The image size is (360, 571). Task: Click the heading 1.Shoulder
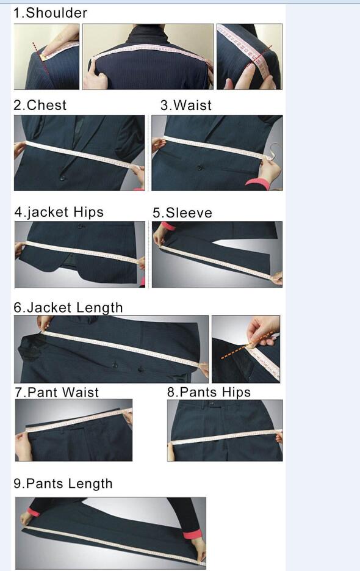[x=50, y=13]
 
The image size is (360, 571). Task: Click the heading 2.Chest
[x=40, y=105]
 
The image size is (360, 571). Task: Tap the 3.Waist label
[x=186, y=105]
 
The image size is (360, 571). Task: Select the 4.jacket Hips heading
[x=59, y=213]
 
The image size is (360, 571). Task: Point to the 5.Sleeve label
[x=182, y=213]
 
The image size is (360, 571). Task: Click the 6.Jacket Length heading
[x=68, y=308]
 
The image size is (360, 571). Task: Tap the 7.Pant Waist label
[x=57, y=393]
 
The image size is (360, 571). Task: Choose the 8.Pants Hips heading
[x=209, y=392]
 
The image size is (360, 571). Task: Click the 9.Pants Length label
[x=63, y=484]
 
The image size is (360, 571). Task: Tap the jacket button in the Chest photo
[x=63, y=178]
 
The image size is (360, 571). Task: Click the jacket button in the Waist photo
[x=200, y=168]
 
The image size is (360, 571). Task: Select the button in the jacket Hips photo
[x=80, y=226]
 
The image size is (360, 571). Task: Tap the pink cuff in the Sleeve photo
[x=167, y=226]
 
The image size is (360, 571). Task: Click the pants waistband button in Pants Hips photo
[x=212, y=403]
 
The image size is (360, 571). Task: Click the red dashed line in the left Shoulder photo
[x=40, y=57]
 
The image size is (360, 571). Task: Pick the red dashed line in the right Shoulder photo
[x=259, y=57]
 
